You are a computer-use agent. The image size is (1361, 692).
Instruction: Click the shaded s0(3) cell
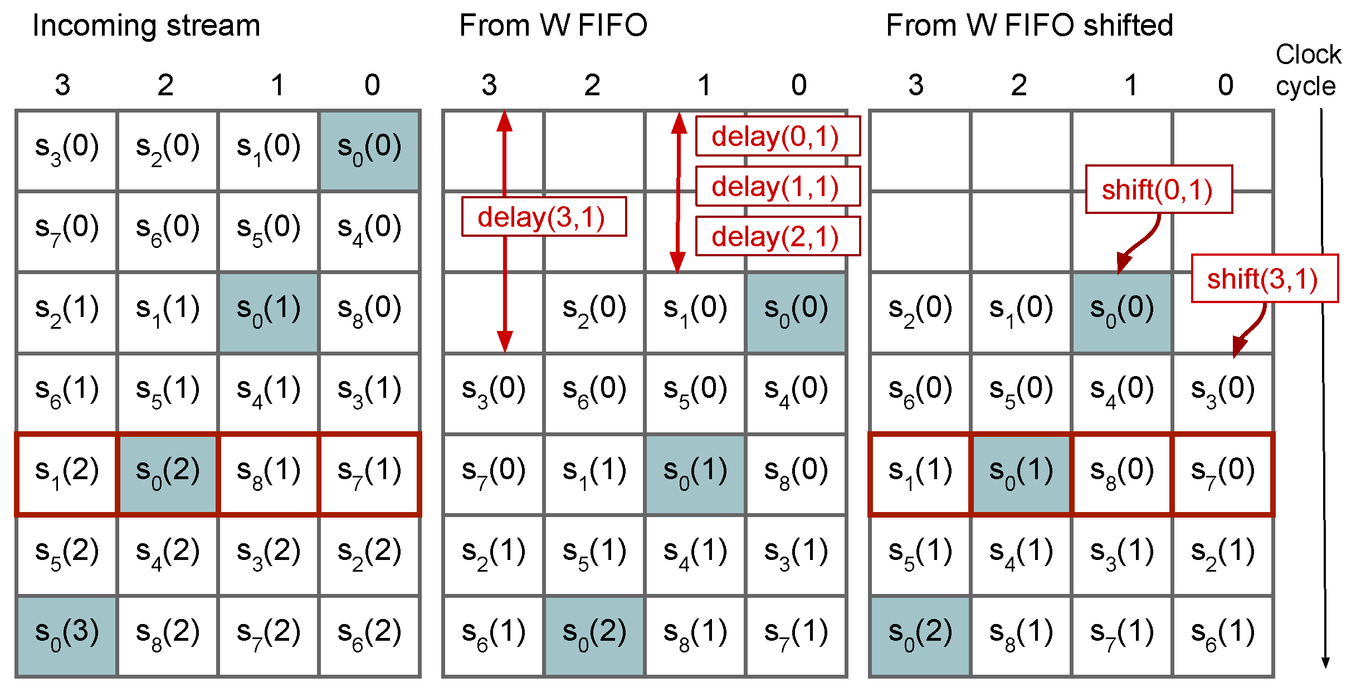coord(67,635)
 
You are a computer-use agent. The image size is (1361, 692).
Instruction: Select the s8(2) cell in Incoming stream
coord(168,635)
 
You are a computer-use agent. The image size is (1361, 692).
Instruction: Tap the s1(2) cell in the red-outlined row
coord(67,474)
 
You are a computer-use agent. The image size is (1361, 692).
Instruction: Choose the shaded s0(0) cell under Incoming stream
coord(369,150)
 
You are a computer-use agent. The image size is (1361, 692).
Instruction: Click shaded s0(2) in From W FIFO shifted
coord(920,635)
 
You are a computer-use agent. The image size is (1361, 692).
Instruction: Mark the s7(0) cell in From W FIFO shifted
coord(1223,474)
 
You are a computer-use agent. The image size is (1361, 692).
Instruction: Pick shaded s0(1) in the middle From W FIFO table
coord(695,474)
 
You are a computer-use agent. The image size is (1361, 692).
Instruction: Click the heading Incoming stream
coord(146,26)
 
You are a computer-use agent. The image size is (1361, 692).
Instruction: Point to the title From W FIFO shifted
coord(1029,26)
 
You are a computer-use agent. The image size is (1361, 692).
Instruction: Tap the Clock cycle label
coord(1308,70)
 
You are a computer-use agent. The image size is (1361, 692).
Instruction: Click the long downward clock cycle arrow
coord(1324,390)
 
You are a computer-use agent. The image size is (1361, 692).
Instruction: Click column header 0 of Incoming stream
coord(372,85)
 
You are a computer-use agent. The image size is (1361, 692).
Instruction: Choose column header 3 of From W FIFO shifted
coord(916,85)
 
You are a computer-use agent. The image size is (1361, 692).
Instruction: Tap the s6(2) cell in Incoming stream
coord(369,635)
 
